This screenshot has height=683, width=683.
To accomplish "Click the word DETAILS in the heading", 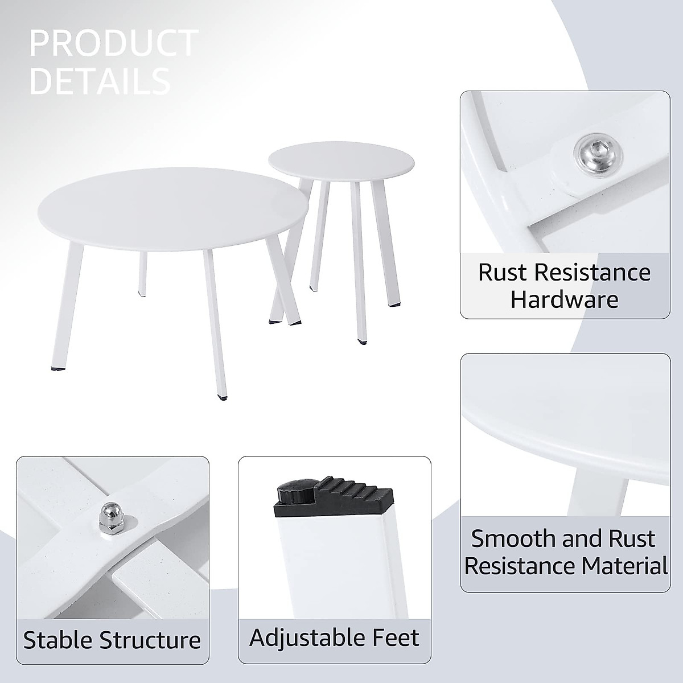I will (x=100, y=81).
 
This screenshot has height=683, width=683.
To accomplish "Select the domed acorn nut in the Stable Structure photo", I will (x=108, y=517).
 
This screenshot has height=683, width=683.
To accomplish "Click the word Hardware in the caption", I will (x=563, y=299).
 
